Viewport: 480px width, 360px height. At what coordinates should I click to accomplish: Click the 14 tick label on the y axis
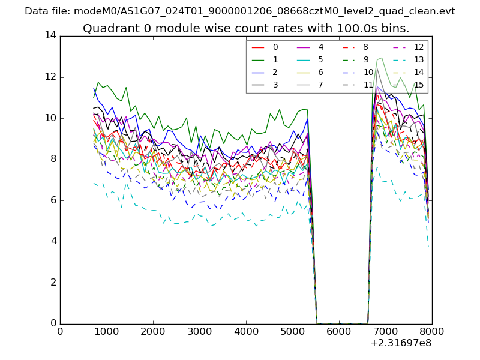click(x=50, y=35)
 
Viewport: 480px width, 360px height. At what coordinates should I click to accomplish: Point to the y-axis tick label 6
click(x=53, y=200)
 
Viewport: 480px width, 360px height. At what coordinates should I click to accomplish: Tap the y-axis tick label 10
click(x=50, y=118)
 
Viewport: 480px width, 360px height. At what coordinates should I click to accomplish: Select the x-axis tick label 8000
click(x=431, y=331)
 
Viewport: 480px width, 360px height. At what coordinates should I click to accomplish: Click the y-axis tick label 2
click(x=53, y=283)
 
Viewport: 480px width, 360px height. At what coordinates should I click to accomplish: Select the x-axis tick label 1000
click(x=106, y=331)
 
